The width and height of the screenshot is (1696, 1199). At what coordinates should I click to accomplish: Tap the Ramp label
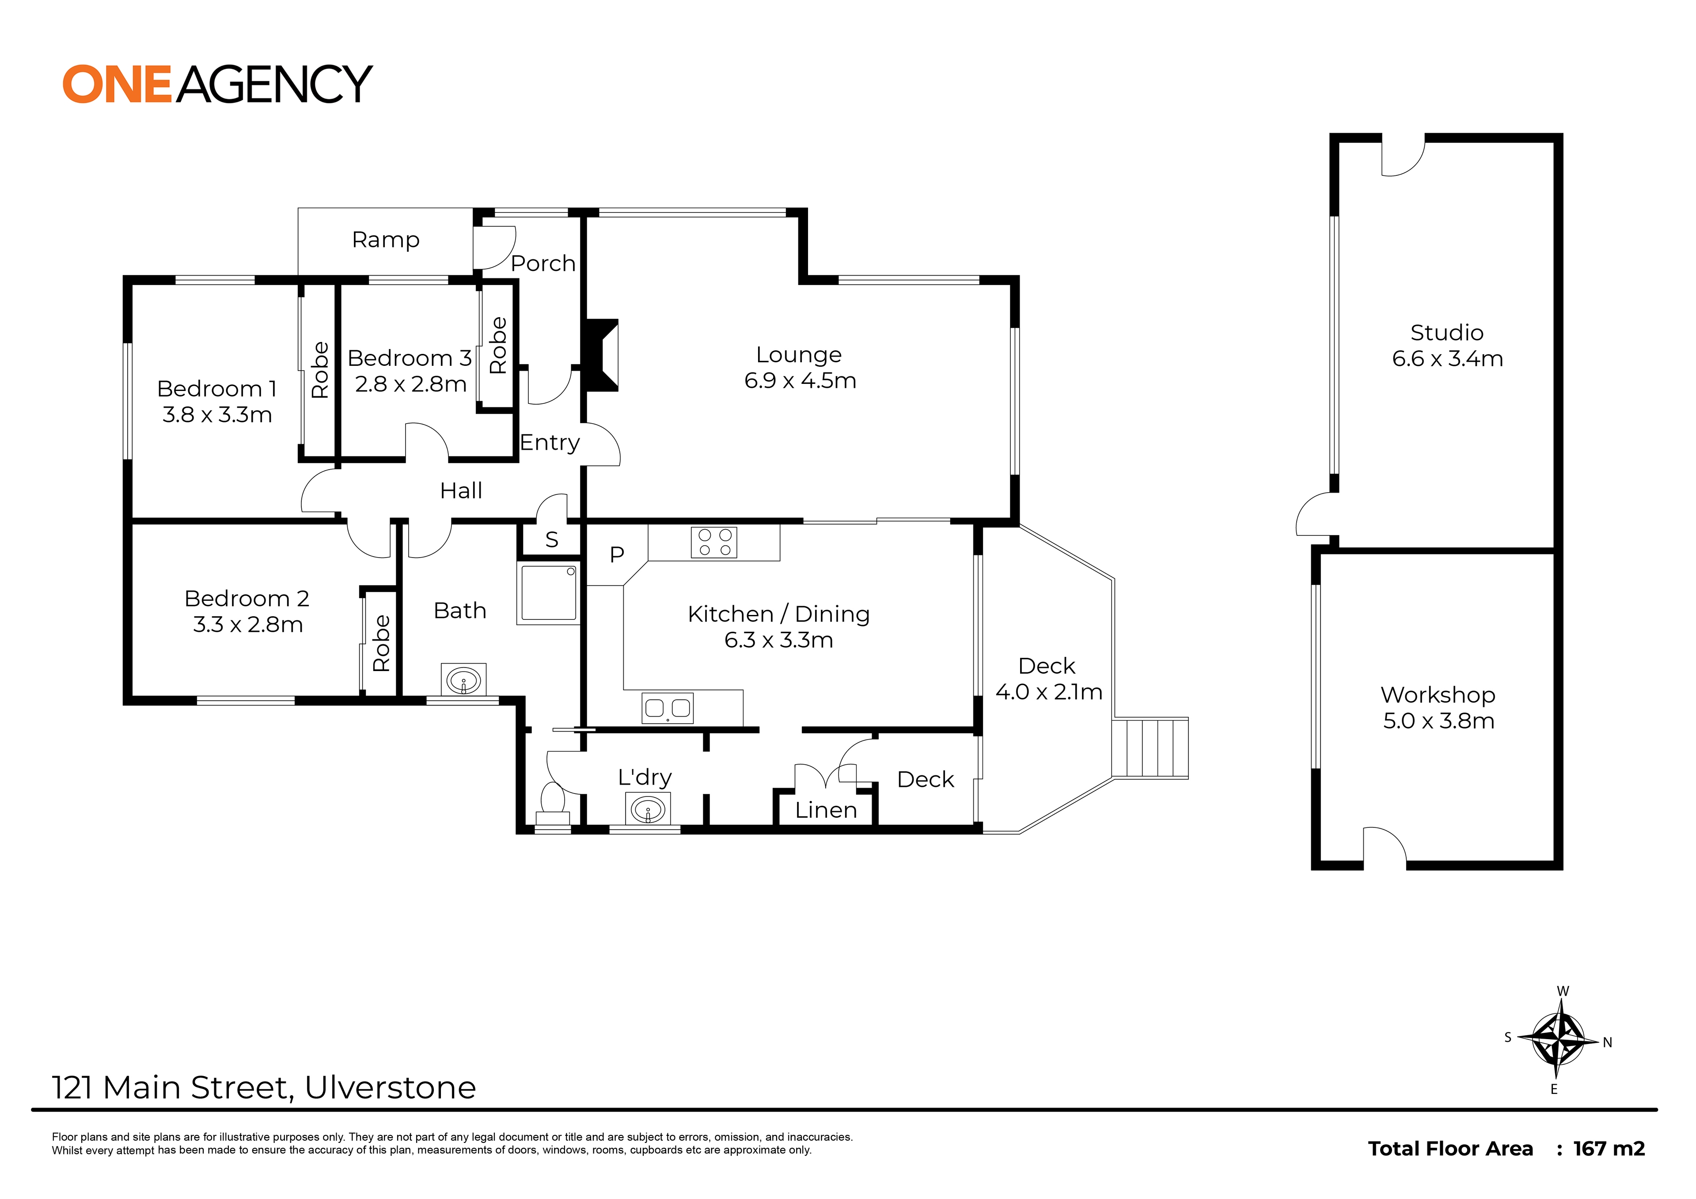[x=386, y=240]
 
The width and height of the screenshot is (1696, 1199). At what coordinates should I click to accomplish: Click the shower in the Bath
[x=548, y=592]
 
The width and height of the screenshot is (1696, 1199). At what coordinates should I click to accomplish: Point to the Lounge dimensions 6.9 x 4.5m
[x=800, y=380]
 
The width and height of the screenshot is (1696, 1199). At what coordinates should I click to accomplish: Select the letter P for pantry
[x=617, y=554]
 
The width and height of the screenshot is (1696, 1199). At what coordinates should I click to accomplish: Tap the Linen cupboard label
[x=826, y=810]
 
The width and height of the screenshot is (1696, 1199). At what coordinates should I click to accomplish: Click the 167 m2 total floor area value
[x=1609, y=1149]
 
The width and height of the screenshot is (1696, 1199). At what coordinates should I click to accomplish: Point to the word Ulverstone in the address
[x=390, y=1087]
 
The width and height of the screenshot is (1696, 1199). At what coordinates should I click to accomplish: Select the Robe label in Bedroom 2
[x=381, y=643]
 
